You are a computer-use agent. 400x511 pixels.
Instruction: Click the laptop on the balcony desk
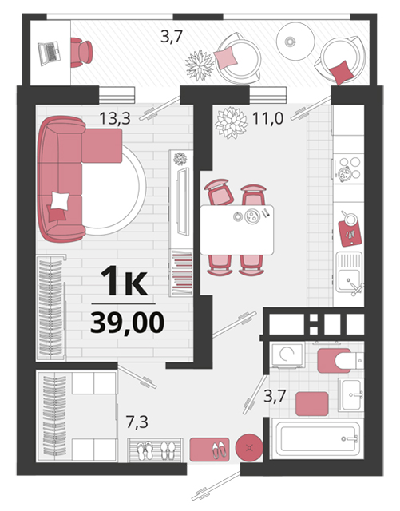(x=50, y=53)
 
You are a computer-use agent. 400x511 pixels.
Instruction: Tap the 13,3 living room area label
(x=115, y=118)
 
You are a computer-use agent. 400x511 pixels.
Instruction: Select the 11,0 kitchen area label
(x=267, y=118)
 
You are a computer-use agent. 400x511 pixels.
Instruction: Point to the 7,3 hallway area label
(x=137, y=422)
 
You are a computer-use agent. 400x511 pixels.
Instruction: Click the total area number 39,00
(x=127, y=323)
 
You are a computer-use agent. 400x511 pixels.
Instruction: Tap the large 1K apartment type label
(x=124, y=280)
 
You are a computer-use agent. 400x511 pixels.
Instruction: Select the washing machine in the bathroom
(x=287, y=355)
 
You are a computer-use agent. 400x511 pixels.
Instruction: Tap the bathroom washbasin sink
(x=350, y=394)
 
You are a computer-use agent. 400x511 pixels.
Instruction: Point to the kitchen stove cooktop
(x=348, y=168)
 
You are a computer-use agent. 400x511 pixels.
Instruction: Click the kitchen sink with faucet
(x=350, y=273)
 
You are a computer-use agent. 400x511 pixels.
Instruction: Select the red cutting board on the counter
(x=350, y=233)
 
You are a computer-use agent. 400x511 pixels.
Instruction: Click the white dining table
(x=237, y=230)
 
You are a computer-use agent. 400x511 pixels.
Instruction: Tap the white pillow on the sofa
(x=60, y=200)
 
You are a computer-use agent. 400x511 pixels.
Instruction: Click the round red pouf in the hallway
(x=249, y=447)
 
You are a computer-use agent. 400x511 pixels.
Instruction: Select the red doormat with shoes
(x=210, y=450)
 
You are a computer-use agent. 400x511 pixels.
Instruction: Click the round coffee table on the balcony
(x=295, y=41)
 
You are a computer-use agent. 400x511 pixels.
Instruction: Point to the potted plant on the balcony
(x=200, y=65)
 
